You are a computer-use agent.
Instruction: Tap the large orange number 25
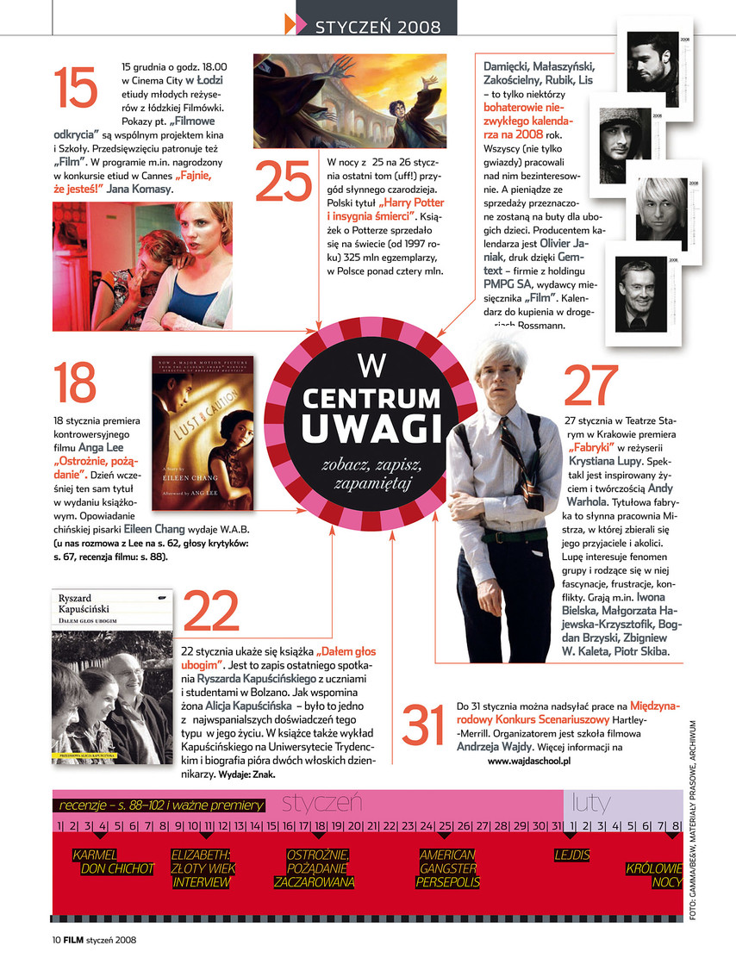tap(284, 181)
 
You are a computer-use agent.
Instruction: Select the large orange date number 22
tap(211, 613)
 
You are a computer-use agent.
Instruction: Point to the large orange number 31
tap(428, 726)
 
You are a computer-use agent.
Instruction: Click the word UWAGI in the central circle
tap(371, 427)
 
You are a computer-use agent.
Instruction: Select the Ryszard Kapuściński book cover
tap(112, 675)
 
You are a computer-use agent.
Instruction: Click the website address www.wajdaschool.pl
tap(529, 762)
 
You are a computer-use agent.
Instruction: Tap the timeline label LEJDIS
tap(572, 855)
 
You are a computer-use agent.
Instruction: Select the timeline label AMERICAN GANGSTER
tap(447, 862)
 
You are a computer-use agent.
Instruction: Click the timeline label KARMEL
tap(95, 855)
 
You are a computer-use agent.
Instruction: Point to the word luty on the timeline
tap(591, 803)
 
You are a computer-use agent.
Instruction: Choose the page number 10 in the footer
tap(54, 940)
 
